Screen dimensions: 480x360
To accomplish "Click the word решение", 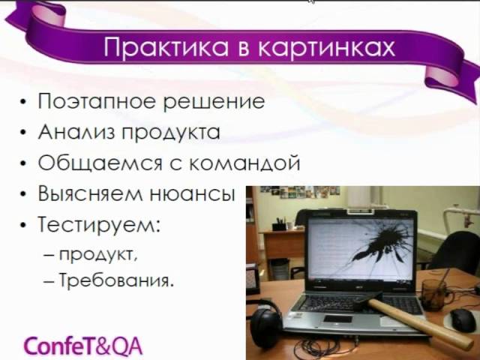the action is point(214,102).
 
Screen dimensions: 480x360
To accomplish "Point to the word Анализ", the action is point(78,132).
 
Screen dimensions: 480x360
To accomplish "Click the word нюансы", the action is point(192,193).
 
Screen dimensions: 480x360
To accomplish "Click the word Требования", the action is point(114,280).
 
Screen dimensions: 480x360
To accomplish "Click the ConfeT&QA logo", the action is point(83,346).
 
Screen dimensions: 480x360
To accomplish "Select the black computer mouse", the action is point(463,320).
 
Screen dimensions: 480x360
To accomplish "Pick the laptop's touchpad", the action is point(337,319).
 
